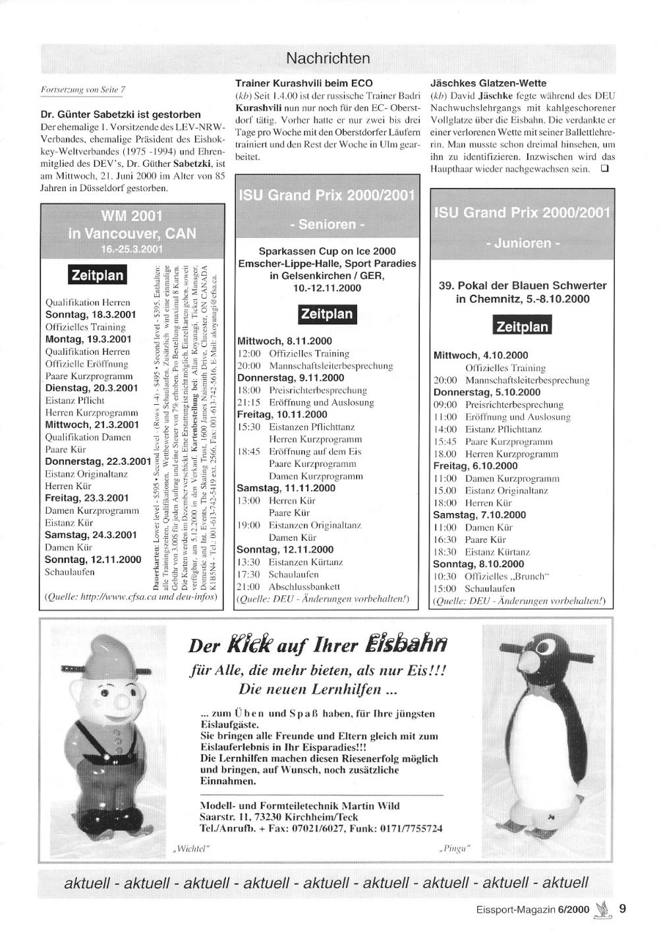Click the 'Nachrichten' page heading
coord(328,59)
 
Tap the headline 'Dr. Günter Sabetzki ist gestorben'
coord(121,114)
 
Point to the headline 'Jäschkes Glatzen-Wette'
coord(488,83)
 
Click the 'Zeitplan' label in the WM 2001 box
coord(97,275)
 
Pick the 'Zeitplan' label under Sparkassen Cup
coord(327,314)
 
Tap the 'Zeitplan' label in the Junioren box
coord(522,326)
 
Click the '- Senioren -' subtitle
coord(327,224)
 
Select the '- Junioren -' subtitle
coord(521,243)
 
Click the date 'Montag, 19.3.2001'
coord(88,339)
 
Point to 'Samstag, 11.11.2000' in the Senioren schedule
coord(285,488)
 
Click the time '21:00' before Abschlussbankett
coord(248,586)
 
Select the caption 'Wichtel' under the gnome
coord(190,848)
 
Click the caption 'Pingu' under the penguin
coord(455,848)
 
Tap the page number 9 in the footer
coord(623,909)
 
